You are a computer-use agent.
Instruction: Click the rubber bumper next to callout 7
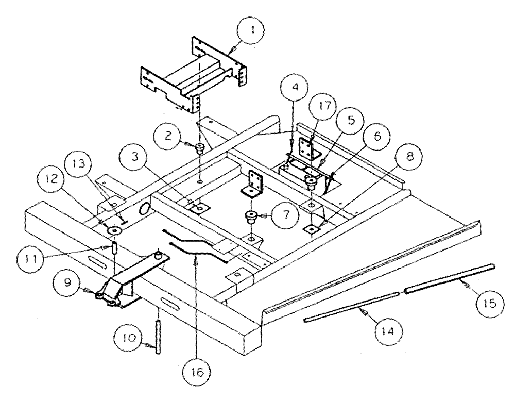click(251, 217)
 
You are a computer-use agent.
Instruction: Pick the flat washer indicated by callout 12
click(112, 230)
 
